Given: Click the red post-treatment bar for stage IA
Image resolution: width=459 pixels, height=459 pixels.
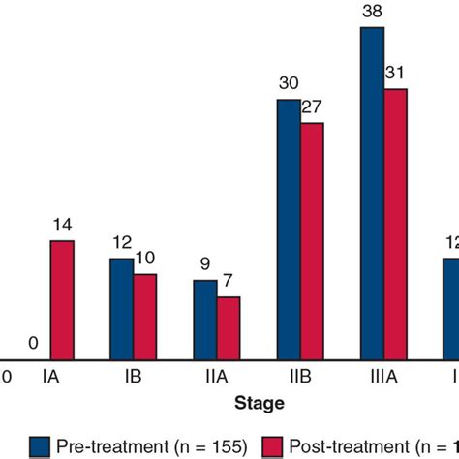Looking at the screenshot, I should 61,300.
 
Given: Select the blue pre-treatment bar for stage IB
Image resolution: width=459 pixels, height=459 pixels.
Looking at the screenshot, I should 121,309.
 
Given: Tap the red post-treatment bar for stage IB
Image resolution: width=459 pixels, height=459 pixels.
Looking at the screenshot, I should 144,317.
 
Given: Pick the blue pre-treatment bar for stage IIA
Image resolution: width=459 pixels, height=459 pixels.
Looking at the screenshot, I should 204,320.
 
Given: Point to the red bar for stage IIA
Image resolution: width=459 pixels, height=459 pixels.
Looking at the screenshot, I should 229,328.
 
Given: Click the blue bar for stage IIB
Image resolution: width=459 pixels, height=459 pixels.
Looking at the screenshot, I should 289,229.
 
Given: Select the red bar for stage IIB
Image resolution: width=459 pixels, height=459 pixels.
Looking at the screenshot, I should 312,241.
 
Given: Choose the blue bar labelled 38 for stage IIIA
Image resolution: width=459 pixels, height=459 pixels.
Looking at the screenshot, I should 372,194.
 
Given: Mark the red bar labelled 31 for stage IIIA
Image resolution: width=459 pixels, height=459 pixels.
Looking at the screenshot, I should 396,225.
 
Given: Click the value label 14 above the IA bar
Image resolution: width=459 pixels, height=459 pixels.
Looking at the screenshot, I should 61,226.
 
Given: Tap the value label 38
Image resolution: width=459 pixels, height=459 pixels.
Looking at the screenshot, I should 372,13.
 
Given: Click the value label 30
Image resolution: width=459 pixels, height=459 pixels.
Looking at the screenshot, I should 289,83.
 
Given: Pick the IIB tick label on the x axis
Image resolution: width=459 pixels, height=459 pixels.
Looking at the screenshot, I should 300,375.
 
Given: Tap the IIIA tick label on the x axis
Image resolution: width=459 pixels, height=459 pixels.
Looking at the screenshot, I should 383,375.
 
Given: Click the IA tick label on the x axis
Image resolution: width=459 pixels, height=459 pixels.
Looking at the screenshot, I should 49,375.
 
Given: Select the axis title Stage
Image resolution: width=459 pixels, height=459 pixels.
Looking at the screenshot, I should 258,402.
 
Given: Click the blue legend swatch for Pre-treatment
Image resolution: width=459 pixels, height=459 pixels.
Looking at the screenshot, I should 40,445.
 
